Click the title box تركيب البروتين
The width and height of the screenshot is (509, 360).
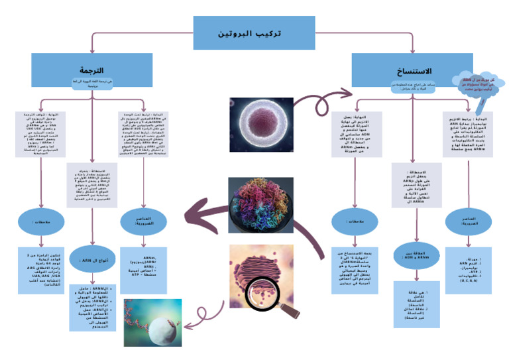pos(254,32)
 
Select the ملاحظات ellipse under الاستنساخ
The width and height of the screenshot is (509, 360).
pos(354,221)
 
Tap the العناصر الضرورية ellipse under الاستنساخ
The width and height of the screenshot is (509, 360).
pos(468,221)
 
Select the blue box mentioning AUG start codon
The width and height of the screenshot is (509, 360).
pos(43,270)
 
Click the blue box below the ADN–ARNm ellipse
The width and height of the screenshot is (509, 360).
pos(416,304)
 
